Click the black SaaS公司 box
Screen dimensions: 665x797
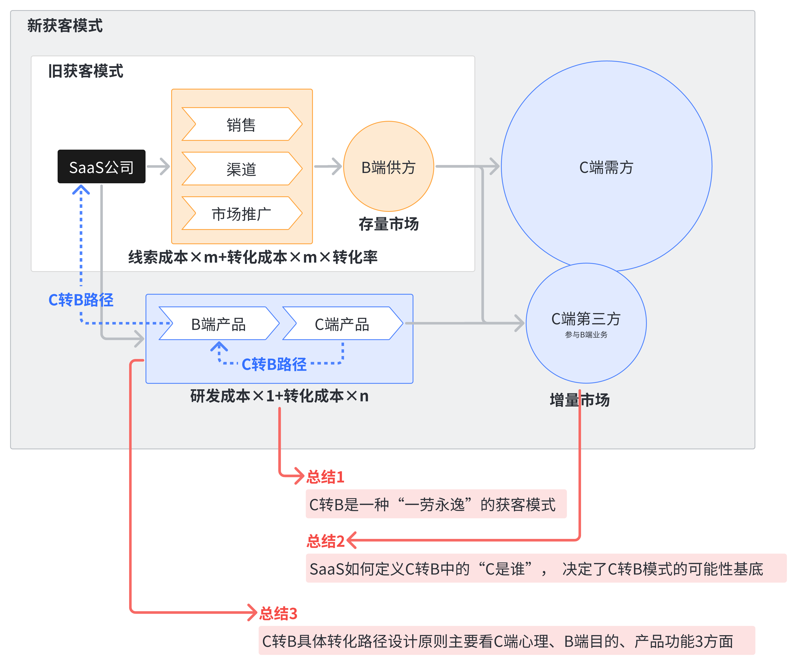tap(101, 166)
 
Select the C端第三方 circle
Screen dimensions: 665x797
tap(586, 322)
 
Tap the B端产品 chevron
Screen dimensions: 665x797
tap(219, 324)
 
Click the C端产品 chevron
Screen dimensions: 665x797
tap(342, 324)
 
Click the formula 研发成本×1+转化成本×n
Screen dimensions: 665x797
tap(279, 396)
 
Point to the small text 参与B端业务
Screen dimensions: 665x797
tap(586, 335)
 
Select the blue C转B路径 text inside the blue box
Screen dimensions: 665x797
tap(274, 364)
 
